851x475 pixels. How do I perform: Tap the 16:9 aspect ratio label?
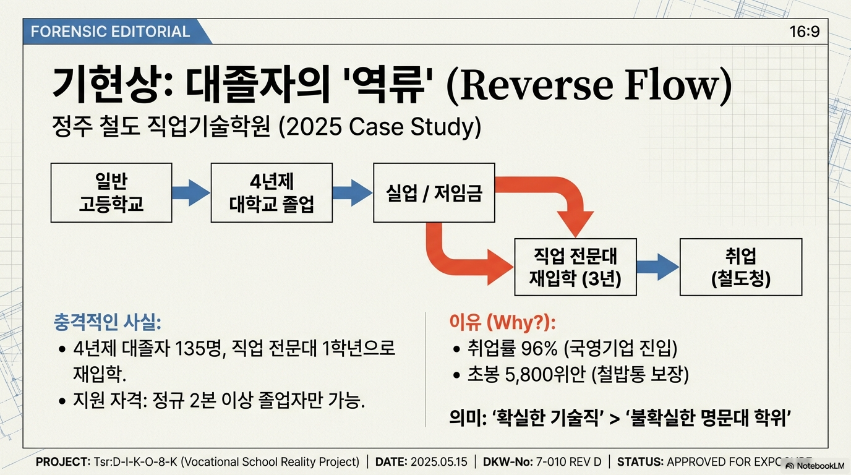(x=805, y=32)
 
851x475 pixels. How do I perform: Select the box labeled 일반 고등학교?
(x=111, y=192)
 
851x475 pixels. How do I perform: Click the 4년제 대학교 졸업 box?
(x=272, y=192)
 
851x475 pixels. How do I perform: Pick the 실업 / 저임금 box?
(x=434, y=192)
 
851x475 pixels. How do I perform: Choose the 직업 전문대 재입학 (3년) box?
(x=575, y=267)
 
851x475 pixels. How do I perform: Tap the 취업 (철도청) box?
(x=740, y=267)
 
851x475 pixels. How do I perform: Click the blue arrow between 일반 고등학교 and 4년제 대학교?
(x=190, y=192)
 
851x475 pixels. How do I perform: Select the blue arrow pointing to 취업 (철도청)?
(x=658, y=267)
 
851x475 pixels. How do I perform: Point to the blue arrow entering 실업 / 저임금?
(x=353, y=192)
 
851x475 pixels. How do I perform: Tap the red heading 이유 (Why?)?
(x=502, y=323)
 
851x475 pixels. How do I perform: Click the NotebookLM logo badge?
(x=815, y=465)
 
